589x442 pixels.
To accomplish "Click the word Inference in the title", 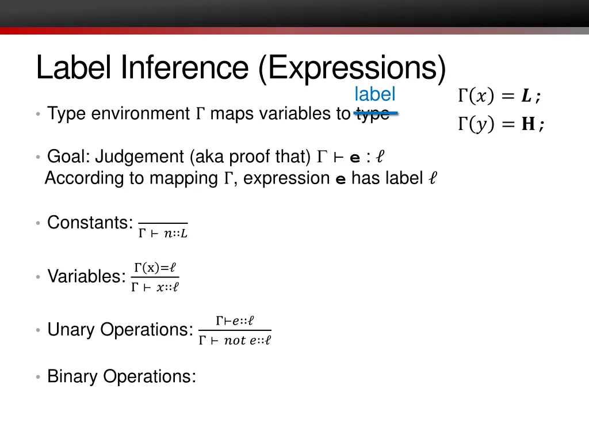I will (x=185, y=68).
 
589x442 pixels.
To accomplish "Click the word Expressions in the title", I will (x=352, y=68).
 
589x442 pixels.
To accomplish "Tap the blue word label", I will (x=374, y=94).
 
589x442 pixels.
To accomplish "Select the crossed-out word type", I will (x=373, y=113).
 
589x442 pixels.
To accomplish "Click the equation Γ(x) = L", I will (x=499, y=97).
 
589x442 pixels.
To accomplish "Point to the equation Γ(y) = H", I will (x=500, y=124).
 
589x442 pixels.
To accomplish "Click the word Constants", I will (x=90, y=222).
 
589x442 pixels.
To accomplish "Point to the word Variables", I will (x=86, y=276).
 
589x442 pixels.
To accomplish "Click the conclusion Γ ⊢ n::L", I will (x=163, y=233).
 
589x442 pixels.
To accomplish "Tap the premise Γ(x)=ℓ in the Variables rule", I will (x=155, y=268).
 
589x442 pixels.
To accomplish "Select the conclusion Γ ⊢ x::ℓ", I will (x=155, y=287).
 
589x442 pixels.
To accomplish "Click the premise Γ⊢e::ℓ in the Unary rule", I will (x=235, y=321).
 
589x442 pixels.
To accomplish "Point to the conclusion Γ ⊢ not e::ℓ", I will (x=235, y=341).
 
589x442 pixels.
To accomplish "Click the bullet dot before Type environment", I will (x=37, y=115).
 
